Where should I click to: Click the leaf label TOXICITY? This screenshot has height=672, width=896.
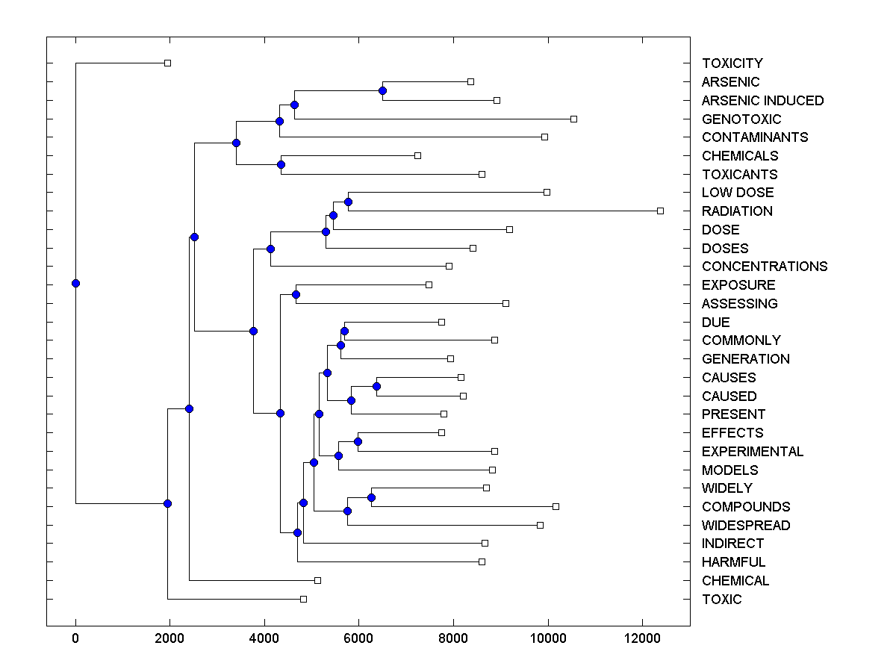pos(732,63)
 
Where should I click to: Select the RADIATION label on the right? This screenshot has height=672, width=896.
pos(737,211)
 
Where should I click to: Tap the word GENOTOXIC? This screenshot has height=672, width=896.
pos(741,119)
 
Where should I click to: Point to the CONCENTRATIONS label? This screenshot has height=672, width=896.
pos(765,267)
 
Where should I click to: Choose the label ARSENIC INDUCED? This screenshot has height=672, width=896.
pos(762,101)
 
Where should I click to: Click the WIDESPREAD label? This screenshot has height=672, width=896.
pos(746,526)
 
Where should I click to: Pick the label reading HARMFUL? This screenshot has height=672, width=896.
pos(733,562)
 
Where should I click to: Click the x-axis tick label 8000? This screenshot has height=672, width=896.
pos(453,638)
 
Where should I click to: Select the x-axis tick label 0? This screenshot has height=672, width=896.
pos(75,638)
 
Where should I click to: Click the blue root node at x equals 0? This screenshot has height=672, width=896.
pos(75,283)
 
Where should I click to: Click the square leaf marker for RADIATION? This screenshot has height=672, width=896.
pos(660,211)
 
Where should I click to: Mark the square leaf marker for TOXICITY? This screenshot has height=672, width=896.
pos(167,63)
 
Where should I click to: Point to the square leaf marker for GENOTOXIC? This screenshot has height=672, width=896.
pos(573,119)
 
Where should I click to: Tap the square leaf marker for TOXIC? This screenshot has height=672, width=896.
pos(303,599)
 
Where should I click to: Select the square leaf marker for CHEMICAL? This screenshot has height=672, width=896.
pos(317,580)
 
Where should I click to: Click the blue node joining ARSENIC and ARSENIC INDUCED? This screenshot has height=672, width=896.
pos(382,91)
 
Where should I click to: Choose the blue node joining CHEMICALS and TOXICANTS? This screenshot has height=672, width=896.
pos(281,164)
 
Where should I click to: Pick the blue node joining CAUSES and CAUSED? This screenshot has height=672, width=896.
pos(376,386)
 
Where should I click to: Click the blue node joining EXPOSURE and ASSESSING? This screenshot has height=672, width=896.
pos(296,294)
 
